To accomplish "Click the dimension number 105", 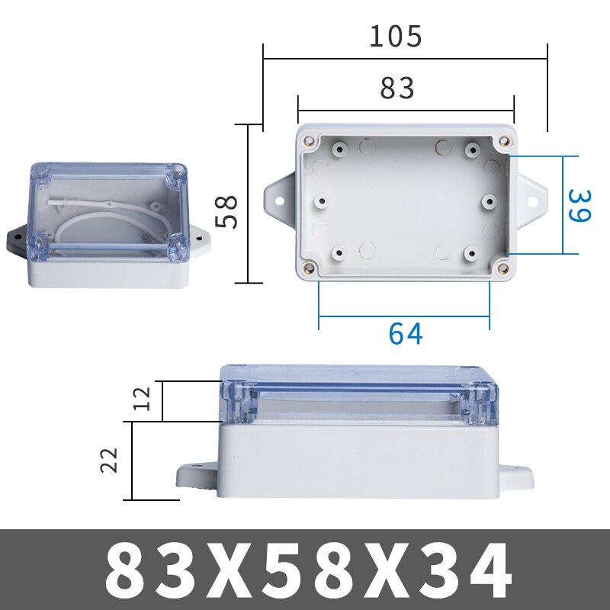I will (395, 36).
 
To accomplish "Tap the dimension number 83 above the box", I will (397, 88).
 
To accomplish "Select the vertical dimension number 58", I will (227, 211).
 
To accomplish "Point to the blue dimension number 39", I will (580, 205).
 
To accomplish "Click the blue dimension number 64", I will (405, 333).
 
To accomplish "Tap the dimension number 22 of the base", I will (111, 461).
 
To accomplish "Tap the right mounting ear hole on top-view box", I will (534, 203).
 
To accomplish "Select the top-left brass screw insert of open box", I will (310, 141).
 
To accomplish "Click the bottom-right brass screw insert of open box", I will (501, 266).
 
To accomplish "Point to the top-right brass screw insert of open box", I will (503, 141).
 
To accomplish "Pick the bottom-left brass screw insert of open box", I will (310, 266).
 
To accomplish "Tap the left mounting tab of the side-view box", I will (196, 476).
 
